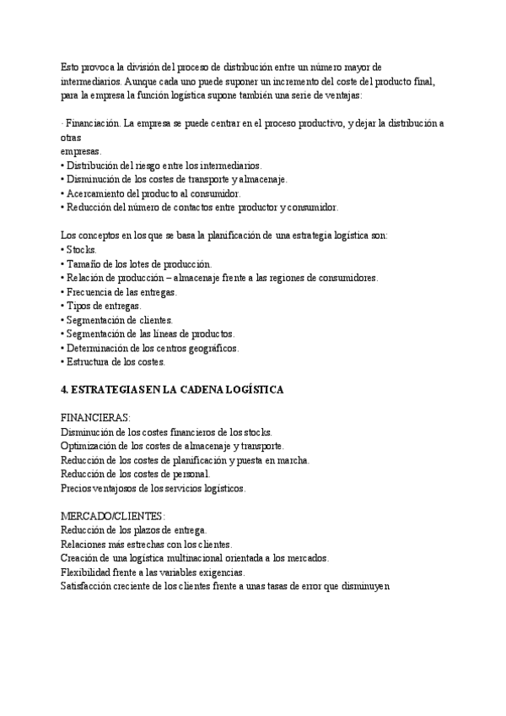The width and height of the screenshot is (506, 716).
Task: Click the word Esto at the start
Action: tap(70, 66)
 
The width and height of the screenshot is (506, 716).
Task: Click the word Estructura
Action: tap(91, 362)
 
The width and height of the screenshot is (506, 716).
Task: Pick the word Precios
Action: tap(78, 488)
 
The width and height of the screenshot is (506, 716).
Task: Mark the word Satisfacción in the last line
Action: tap(90, 587)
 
